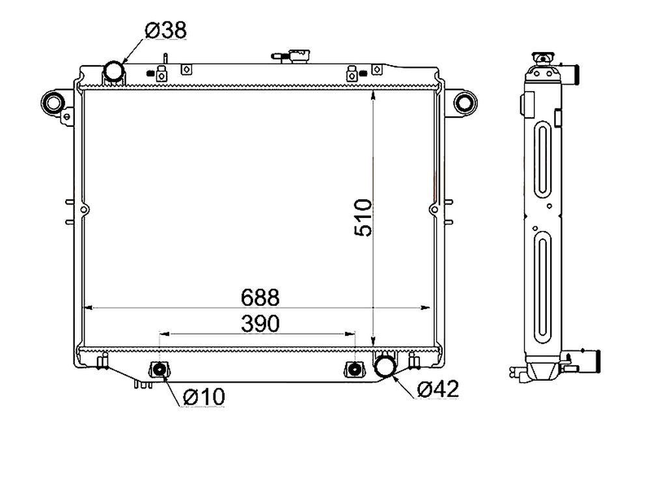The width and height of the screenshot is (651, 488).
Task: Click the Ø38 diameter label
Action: pyautogui.click(x=166, y=31)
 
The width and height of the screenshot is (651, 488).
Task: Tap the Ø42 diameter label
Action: pyautogui.click(x=438, y=389)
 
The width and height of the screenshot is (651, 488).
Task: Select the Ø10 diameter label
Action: pyautogui.click(x=204, y=397)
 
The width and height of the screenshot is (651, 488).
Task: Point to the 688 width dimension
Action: pyautogui.click(x=260, y=297)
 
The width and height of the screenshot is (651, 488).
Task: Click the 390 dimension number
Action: pyautogui.click(x=260, y=323)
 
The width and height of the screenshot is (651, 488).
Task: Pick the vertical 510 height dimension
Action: pyautogui.click(x=363, y=218)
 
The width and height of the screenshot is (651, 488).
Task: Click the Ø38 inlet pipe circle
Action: pyautogui.click(x=113, y=71)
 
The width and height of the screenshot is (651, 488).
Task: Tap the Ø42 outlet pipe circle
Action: pyautogui.click(x=385, y=365)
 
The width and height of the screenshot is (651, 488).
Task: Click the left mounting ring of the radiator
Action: pyautogui.click(x=53, y=102)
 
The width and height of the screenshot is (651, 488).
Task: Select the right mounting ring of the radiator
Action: pyautogui.click(x=465, y=102)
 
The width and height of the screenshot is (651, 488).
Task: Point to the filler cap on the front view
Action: pyautogui.click(x=299, y=56)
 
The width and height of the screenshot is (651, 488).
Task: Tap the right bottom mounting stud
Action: pyautogui.click(x=354, y=370)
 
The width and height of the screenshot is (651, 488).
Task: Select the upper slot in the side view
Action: pyautogui.click(x=542, y=158)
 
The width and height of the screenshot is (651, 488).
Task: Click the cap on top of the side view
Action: pyautogui.click(x=543, y=59)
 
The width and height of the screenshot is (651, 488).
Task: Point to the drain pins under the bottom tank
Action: pyautogui.click(x=143, y=385)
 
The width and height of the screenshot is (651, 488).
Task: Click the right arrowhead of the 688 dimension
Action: pyautogui.click(x=426, y=308)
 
